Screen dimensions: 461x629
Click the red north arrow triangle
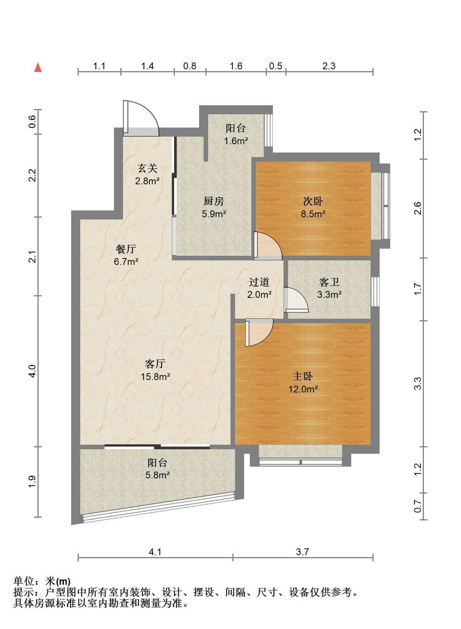coord(38,68)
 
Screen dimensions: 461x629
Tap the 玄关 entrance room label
coord(147,168)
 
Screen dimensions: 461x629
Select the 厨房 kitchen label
coord(213,201)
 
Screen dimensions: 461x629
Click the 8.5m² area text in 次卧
coord(313,214)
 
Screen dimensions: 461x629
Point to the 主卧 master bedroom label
coord(303,376)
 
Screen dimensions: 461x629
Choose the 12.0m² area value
coord(303,389)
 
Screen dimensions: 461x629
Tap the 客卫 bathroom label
coord(329,282)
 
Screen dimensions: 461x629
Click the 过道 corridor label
coord(259,282)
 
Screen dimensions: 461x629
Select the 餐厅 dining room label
coord(126,249)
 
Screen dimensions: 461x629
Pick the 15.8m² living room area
coord(155,376)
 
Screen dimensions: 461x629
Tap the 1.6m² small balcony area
coord(236,141)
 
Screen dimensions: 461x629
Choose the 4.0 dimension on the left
coord(33,371)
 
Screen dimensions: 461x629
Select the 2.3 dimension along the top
coord(329,66)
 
